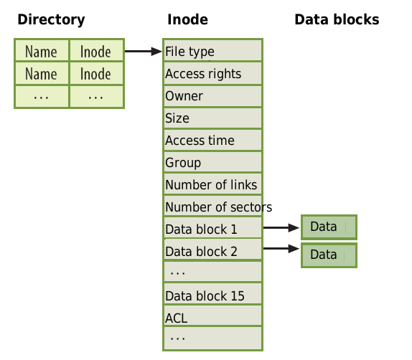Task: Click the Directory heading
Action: point(51,20)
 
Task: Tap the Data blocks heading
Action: point(337,19)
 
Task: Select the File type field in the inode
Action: point(213,50)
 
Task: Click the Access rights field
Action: point(213,73)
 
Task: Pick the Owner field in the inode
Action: point(213,96)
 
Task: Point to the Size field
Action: point(213,118)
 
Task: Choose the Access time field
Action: point(213,140)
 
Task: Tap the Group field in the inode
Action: point(213,162)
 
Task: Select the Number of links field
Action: point(213,184)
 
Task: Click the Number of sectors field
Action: point(213,207)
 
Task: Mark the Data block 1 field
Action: point(213,228)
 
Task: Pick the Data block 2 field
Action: point(213,250)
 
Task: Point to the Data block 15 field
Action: point(213,294)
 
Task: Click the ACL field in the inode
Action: point(213,316)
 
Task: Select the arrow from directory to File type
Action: point(144,51)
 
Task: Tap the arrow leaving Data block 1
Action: point(281,227)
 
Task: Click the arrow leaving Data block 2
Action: point(281,248)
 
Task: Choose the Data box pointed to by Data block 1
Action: point(329,227)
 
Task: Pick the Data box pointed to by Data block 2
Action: point(329,255)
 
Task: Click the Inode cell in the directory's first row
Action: point(96,50)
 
